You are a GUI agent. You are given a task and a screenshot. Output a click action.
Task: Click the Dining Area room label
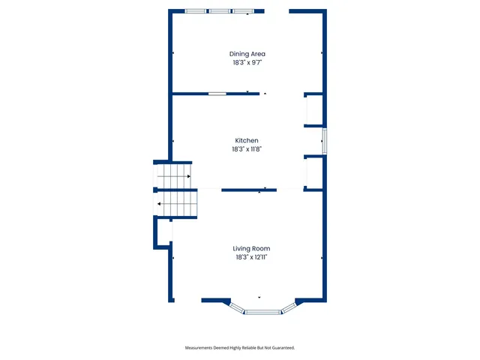(247, 54)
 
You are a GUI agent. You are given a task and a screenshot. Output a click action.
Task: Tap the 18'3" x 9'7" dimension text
(247, 63)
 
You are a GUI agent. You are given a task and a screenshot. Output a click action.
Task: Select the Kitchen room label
(247, 140)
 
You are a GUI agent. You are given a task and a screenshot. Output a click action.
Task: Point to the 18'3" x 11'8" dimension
(247, 149)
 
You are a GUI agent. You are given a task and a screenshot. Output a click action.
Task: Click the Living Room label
(251, 248)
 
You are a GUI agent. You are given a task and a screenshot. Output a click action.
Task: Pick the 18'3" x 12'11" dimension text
(251, 257)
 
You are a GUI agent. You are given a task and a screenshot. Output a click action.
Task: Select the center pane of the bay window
(262, 311)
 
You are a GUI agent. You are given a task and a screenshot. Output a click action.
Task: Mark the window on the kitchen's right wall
(325, 140)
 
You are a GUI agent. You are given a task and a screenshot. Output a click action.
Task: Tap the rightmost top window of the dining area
(243, 11)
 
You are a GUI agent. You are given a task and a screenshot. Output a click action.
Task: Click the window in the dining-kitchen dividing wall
(217, 94)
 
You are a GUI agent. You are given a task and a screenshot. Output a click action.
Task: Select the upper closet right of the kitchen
(313, 110)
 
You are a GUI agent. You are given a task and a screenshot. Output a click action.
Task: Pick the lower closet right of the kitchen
(313, 172)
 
